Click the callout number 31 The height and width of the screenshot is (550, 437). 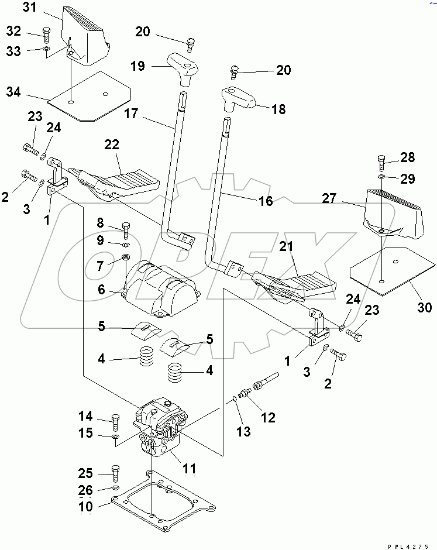pyautogui.click(x=29, y=8)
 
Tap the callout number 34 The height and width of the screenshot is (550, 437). pyautogui.click(x=13, y=92)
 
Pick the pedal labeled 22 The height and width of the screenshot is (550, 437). pyautogui.click(x=126, y=181)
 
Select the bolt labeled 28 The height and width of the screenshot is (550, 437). pyautogui.click(x=381, y=159)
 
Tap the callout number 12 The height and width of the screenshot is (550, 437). pyautogui.click(x=268, y=418)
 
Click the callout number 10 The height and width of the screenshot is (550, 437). pyautogui.click(x=85, y=506)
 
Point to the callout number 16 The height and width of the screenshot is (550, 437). pyautogui.click(x=265, y=201)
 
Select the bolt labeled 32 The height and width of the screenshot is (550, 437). pyautogui.click(x=47, y=32)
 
